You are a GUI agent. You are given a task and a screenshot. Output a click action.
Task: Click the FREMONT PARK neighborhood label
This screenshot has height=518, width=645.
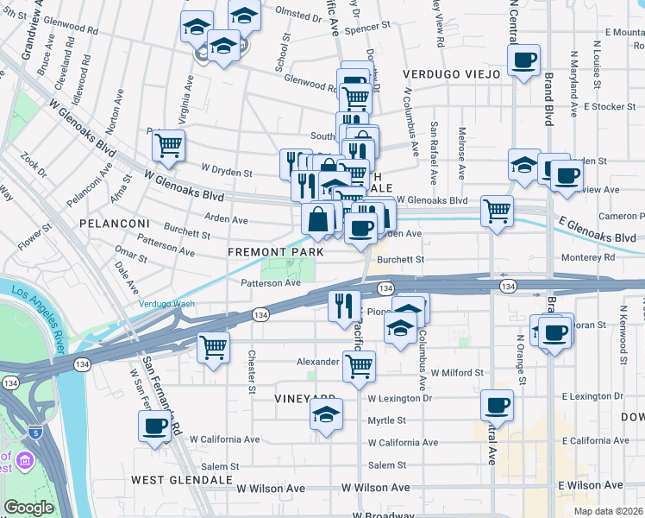[276, 252]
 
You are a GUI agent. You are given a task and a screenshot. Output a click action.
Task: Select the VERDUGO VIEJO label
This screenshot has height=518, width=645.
[451, 75]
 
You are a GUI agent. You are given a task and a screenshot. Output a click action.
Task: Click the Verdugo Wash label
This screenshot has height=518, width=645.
[167, 304]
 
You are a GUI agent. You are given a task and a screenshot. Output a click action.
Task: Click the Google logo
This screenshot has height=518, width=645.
[28, 508]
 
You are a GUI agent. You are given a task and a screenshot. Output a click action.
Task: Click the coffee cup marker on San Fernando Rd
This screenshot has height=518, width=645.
[155, 425]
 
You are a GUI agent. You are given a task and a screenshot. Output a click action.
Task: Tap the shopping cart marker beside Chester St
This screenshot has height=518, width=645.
[213, 347]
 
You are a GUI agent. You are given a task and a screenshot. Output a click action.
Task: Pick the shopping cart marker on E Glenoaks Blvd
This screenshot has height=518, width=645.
[497, 210]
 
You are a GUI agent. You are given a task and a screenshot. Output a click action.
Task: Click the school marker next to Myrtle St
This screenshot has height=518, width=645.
[327, 414]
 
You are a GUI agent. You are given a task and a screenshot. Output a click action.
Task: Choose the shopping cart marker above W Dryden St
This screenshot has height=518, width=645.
[168, 144]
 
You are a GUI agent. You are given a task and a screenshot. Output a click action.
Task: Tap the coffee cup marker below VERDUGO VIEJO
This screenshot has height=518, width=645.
[523, 60]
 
